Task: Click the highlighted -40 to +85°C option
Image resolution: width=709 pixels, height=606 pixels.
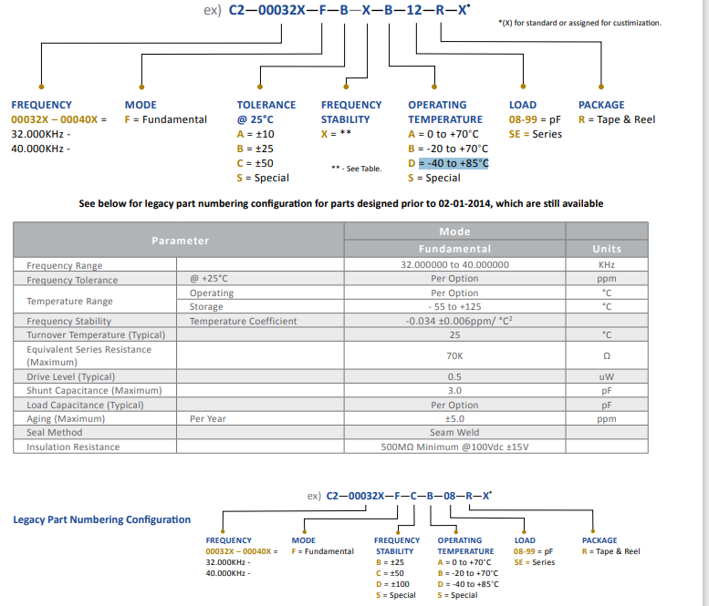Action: click(448, 163)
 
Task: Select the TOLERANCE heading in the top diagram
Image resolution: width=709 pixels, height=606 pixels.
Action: click(266, 105)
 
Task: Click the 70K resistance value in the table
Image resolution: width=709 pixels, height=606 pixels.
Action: click(454, 355)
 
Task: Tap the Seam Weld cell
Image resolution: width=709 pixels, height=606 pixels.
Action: click(454, 433)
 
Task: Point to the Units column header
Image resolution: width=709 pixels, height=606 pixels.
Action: click(607, 249)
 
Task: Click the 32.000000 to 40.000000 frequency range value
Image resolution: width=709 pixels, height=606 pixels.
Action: click(454, 265)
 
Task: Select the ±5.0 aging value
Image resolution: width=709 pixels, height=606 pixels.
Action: click(454, 419)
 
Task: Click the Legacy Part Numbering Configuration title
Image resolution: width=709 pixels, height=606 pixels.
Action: click(102, 519)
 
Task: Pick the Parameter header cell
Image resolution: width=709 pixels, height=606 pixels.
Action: click(180, 241)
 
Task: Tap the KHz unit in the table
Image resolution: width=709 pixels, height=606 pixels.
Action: click(607, 265)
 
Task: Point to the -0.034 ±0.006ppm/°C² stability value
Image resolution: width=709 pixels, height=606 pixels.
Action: click(454, 321)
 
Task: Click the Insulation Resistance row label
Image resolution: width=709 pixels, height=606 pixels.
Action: click(73, 447)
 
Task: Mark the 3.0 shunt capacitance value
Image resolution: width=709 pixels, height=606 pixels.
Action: click(454, 391)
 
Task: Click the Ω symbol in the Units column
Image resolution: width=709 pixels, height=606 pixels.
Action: click(607, 355)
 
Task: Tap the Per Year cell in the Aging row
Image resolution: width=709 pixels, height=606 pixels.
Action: click(208, 419)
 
